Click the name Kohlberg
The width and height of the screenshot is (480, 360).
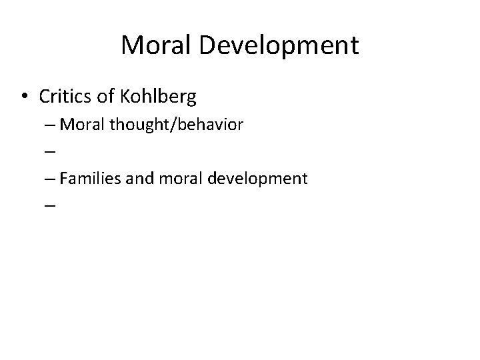point(159,97)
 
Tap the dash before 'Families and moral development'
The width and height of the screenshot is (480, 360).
point(51,179)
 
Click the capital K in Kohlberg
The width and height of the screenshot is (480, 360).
point(128,97)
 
